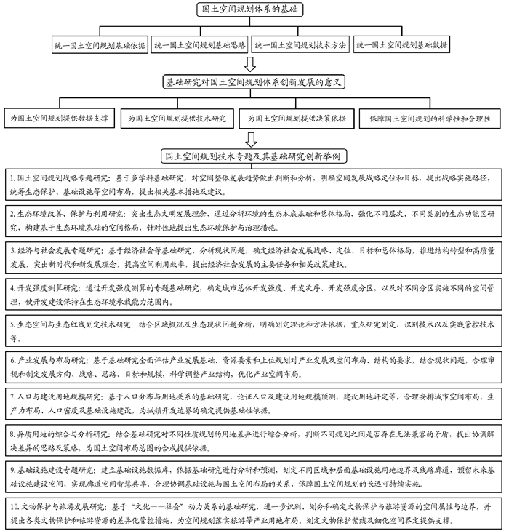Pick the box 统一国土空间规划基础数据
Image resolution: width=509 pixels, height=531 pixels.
coord(401,44)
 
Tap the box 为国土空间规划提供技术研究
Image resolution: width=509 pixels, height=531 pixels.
coord(177,118)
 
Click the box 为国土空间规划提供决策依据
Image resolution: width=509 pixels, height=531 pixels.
coord(297,118)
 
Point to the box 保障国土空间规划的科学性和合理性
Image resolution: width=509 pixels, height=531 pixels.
coord(430,118)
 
